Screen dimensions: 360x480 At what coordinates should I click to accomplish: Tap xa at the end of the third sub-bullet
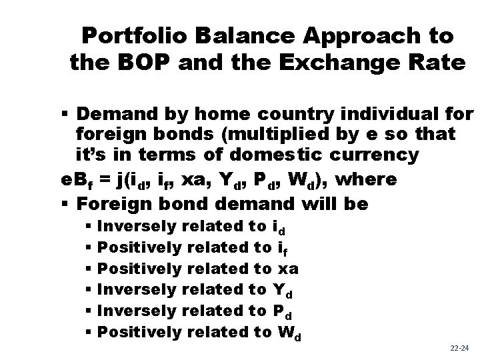pos(287,268)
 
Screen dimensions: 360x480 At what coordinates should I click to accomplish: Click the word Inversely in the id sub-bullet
pos(137,227)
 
